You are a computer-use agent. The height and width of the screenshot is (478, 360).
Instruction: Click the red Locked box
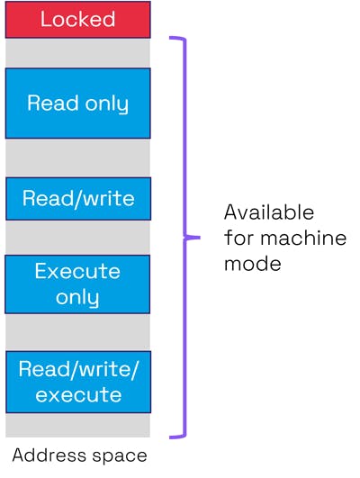point(77,20)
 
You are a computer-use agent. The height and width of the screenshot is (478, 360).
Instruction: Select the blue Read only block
point(77,103)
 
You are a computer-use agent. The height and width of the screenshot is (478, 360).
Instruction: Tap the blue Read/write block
point(77,198)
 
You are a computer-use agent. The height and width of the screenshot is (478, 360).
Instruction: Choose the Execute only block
point(77,284)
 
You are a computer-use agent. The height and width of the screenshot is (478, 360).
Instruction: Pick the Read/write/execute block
point(77,382)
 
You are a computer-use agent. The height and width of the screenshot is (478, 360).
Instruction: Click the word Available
point(269,213)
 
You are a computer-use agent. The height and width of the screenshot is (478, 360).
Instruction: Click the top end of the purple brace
point(172,39)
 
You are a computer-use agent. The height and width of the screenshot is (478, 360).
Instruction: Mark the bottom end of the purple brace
point(172,437)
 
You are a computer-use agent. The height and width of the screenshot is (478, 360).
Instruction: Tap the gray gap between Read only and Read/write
point(77,158)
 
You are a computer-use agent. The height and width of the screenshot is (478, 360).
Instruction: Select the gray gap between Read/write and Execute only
point(77,238)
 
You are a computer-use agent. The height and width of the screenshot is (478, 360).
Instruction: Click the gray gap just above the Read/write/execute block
point(77,332)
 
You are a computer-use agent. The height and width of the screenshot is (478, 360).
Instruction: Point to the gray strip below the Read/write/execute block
point(77,425)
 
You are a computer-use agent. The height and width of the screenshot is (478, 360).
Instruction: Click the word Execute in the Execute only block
point(77,272)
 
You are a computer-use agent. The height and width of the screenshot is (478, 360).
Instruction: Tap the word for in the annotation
point(238,239)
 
